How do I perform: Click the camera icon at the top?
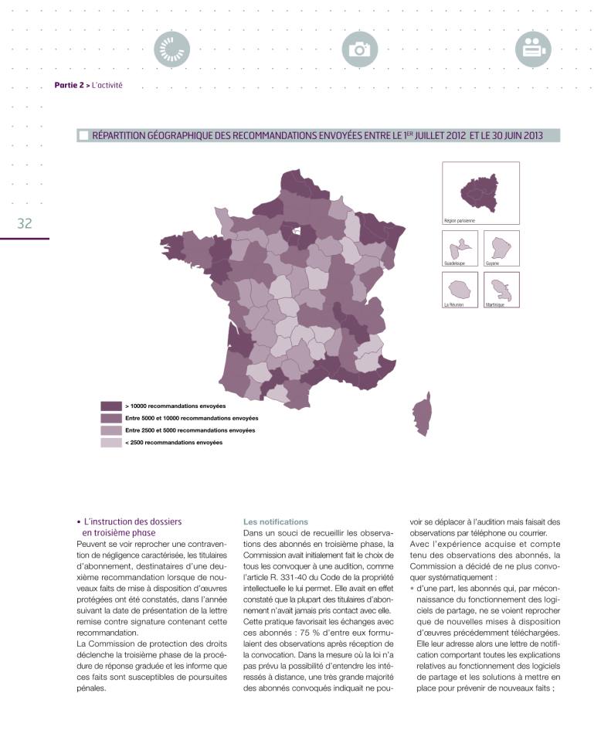pos(359,49)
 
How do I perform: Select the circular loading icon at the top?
pos(172,49)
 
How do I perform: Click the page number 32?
pos(25,223)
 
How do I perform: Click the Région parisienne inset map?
pos(480,192)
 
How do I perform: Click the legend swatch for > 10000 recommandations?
pos(111,406)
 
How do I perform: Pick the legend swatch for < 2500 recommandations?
pos(111,443)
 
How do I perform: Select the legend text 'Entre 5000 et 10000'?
pos(185,418)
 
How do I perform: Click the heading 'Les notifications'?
pos(265,522)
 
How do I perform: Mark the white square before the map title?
pos(83,136)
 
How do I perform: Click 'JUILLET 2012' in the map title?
pos(436,136)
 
